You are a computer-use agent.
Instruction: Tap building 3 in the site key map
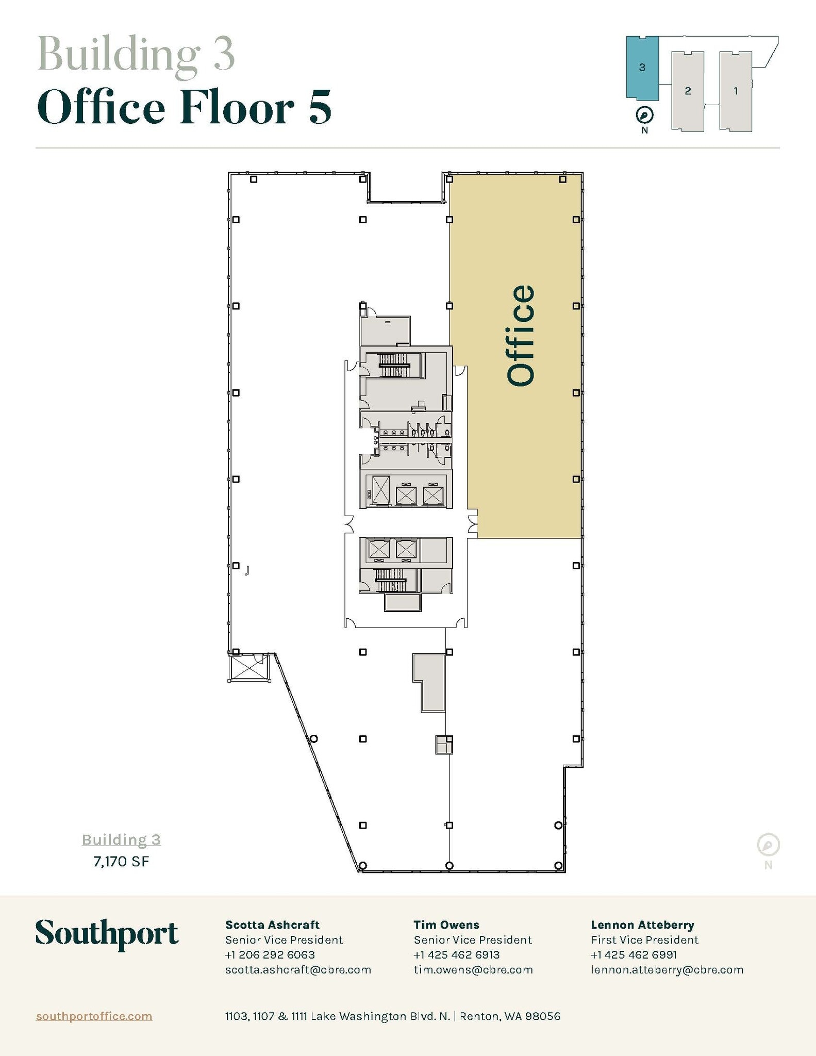pos(642,68)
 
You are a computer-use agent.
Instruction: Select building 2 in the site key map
pos(688,91)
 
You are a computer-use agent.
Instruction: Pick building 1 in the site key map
pos(736,91)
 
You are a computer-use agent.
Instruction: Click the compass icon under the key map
pos(644,114)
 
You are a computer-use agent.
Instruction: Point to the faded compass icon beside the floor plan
pos(768,845)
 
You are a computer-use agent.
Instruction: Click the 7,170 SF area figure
pos(121,862)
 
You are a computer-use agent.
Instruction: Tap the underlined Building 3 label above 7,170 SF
pos(121,840)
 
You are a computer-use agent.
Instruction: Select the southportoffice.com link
pos(94,1016)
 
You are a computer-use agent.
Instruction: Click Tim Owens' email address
pos(473,969)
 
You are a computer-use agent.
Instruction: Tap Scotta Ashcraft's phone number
pos(270,954)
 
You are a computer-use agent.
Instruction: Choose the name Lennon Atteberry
pos(642,925)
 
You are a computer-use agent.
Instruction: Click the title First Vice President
pos(644,939)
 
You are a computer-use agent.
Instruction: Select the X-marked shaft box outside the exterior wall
pos(249,667)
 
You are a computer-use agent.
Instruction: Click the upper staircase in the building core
pos(394,366)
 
